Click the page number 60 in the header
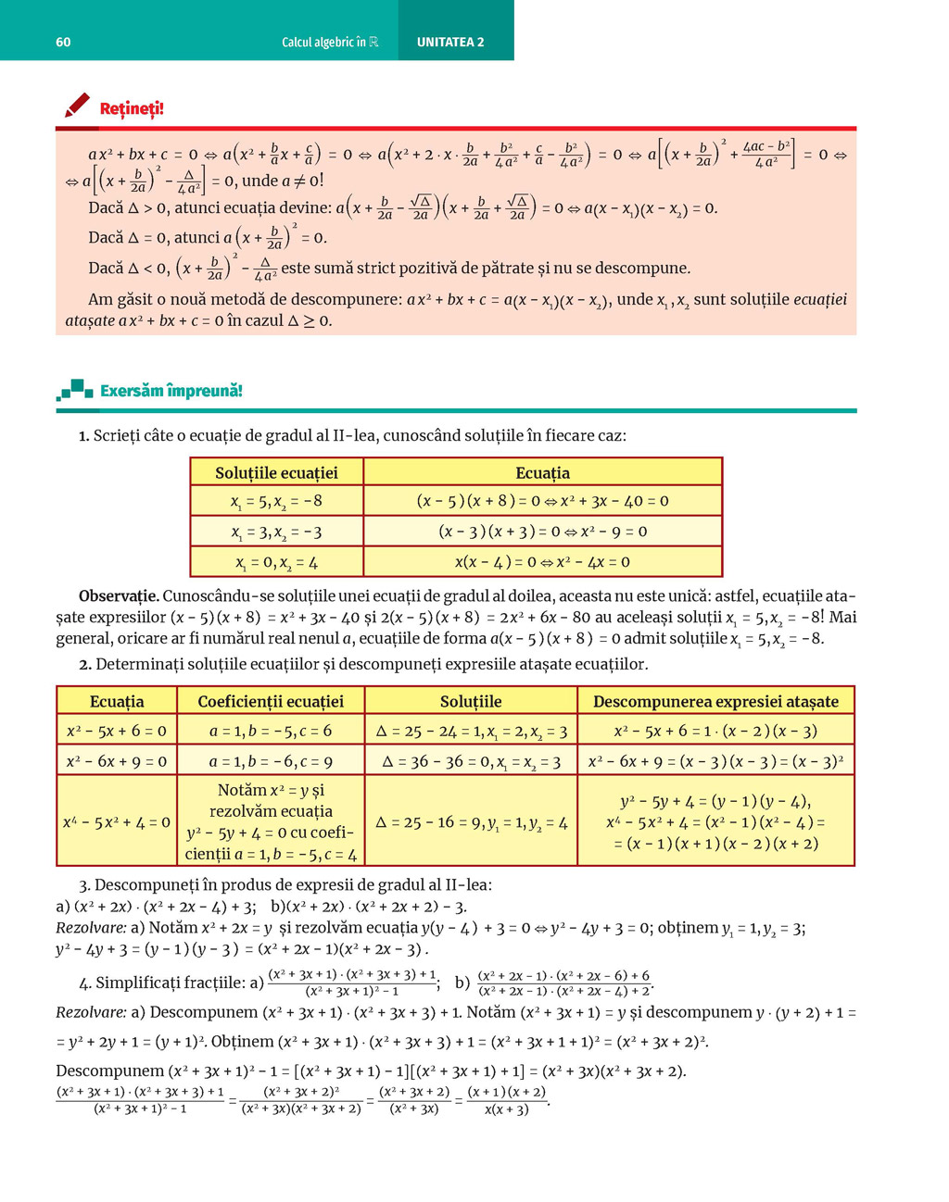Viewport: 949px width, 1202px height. [x=63, y=43]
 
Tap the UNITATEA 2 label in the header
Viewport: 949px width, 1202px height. [x=450, y=43]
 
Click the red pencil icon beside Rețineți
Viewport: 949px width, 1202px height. [x=77, y=106]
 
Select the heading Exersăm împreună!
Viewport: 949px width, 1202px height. [x=171, y=391]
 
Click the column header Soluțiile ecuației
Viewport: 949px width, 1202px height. [x=276, y=472]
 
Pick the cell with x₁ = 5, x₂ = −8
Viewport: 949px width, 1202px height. [x=276, y=502]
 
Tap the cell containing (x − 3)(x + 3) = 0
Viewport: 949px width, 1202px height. [x=542, y=532]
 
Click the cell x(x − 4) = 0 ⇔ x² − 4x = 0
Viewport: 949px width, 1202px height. [x=542, y=562]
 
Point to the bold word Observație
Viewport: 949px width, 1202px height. [x=119, y=595]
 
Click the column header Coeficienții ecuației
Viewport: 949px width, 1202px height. [x=271, y=701]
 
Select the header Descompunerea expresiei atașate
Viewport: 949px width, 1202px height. [x=715, y=701]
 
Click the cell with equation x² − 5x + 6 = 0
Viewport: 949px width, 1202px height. [x=117, y=731]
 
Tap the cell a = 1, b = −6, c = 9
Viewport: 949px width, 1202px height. [x=271, y=761]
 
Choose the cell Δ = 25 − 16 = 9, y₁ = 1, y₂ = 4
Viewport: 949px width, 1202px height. [x=471, y=821]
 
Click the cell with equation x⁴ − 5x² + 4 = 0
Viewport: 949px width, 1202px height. [x=117, y=821]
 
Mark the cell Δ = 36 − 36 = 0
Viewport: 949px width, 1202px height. [x=471, y=761]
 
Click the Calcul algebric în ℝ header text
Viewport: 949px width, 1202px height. [x=330, y=43]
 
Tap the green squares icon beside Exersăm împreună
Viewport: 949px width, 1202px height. [x=75, y=390]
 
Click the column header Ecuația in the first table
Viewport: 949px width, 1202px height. [x=542, y=472]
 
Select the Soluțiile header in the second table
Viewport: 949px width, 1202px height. [x=471, y=701]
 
